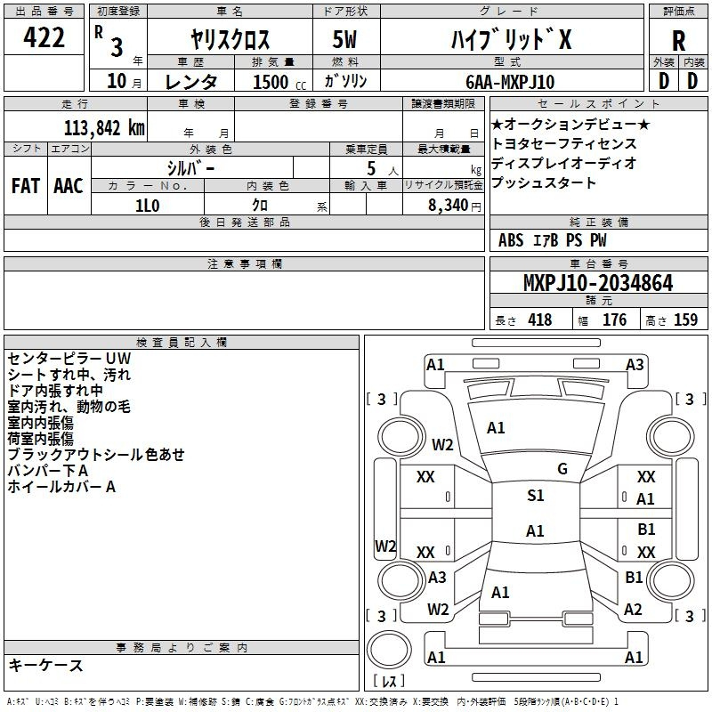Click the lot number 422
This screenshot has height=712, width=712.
coord(44,37)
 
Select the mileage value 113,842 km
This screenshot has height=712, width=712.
coord(104,128)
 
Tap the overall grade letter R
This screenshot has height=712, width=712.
coord(678,41)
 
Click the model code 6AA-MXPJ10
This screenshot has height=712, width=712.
coord(510,82)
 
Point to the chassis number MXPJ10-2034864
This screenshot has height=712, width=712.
coord(598,283)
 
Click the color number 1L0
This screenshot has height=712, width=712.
coord(148,206)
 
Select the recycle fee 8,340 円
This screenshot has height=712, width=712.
coord(455,206)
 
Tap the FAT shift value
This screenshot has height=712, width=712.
coord(26,186)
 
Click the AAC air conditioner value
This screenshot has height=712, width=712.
coord(69,186)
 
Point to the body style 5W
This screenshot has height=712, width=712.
coord(344,39)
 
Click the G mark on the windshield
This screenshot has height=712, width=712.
coord(562,469)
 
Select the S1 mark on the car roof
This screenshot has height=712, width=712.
coord(536,496)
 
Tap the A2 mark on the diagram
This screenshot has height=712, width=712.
coord(633,610)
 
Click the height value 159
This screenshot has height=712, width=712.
coord(685,320)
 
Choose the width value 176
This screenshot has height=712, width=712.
coord(614,320)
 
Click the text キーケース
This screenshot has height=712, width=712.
coord(46,665)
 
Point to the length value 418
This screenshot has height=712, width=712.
coord(540,320)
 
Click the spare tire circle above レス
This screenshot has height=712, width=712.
coord(389,650)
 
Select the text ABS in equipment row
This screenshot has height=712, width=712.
coord(511,240)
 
